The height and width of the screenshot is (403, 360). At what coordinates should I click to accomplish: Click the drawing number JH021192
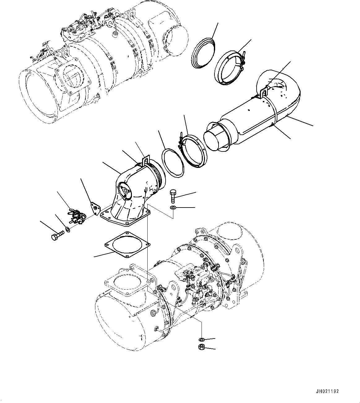328,391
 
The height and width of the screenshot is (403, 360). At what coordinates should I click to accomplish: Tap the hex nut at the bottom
201,347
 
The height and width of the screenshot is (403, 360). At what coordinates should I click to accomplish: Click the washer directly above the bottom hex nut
201,339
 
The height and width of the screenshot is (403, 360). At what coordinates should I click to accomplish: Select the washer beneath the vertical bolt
173,207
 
